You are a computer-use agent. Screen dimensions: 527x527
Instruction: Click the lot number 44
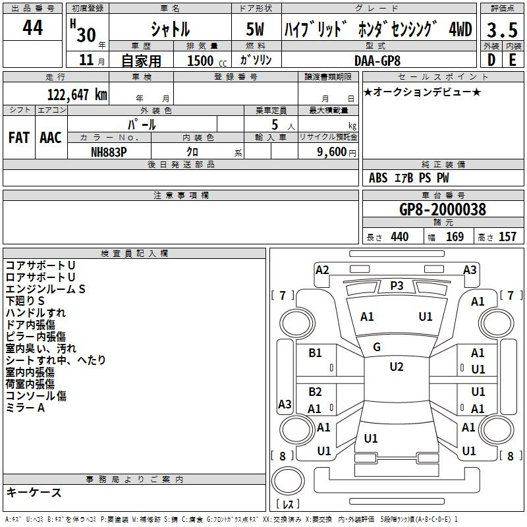tap(32, 28)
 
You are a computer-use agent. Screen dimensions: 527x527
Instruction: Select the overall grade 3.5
tap(502, 30)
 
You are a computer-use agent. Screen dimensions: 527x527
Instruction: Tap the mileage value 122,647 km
tap(77, 95)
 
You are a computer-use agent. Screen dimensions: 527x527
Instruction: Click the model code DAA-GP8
tap(377, 61)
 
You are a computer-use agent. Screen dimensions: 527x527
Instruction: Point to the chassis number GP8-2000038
tap(443, 209)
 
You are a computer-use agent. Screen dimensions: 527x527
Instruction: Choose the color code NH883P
tap(109, 152)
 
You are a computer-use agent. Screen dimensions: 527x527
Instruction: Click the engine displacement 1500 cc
tap(207, 61)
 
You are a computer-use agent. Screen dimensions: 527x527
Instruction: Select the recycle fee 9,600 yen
tap(337, 152)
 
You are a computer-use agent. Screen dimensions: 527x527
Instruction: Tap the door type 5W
tap(255, 29)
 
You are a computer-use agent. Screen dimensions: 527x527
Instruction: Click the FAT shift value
tap(19, 138)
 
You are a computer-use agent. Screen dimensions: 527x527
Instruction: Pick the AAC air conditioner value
tap(51, 138)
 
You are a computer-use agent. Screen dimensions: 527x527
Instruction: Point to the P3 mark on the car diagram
tap(397, 286)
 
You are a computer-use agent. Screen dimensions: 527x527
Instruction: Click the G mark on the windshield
tap(377, 347)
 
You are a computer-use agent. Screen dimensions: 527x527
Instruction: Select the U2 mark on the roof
tap(397, 367)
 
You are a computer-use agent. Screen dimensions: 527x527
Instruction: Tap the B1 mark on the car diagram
tap(315, 353)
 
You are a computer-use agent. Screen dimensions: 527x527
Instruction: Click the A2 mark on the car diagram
tap(322, 270)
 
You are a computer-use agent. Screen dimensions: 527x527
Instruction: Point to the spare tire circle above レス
tap(288, 481)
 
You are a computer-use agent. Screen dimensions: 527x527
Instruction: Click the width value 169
tap(455, 236)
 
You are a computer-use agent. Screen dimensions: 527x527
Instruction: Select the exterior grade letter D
tap(491, 60)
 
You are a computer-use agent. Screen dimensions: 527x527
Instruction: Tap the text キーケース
tap(34, 492)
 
